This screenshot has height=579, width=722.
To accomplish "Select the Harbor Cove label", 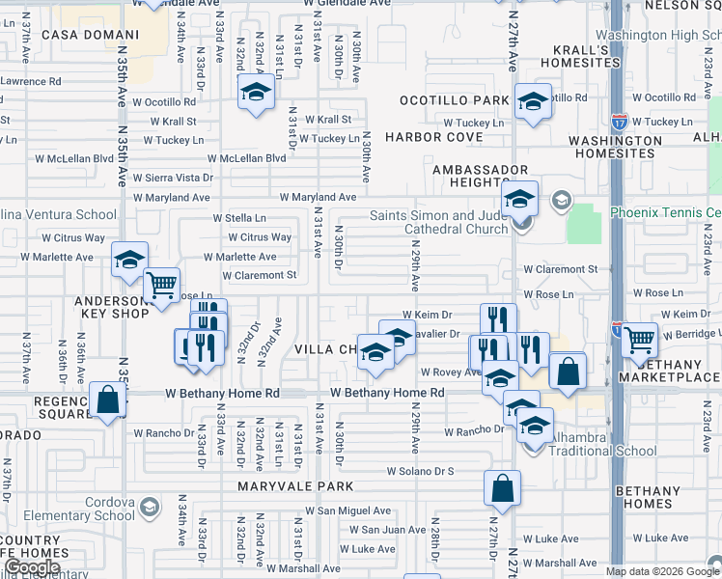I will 434,137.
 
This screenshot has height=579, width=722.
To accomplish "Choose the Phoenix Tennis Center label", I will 665,212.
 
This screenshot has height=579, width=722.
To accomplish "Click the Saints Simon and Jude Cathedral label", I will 439,222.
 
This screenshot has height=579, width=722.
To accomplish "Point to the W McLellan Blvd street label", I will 253,158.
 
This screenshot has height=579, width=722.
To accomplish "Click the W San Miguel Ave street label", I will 347,510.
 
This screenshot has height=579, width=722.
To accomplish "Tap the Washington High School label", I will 665,36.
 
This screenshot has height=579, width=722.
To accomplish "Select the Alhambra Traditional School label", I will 589,444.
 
